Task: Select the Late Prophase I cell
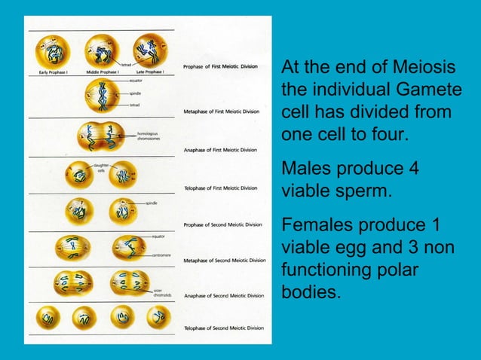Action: (150, 49)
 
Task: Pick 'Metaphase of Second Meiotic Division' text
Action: (225, 261)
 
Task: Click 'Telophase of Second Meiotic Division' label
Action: (224, 328)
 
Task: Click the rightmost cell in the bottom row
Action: (157, 317)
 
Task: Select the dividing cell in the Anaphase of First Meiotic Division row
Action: (101, 137)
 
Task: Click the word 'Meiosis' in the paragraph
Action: (429, 70)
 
